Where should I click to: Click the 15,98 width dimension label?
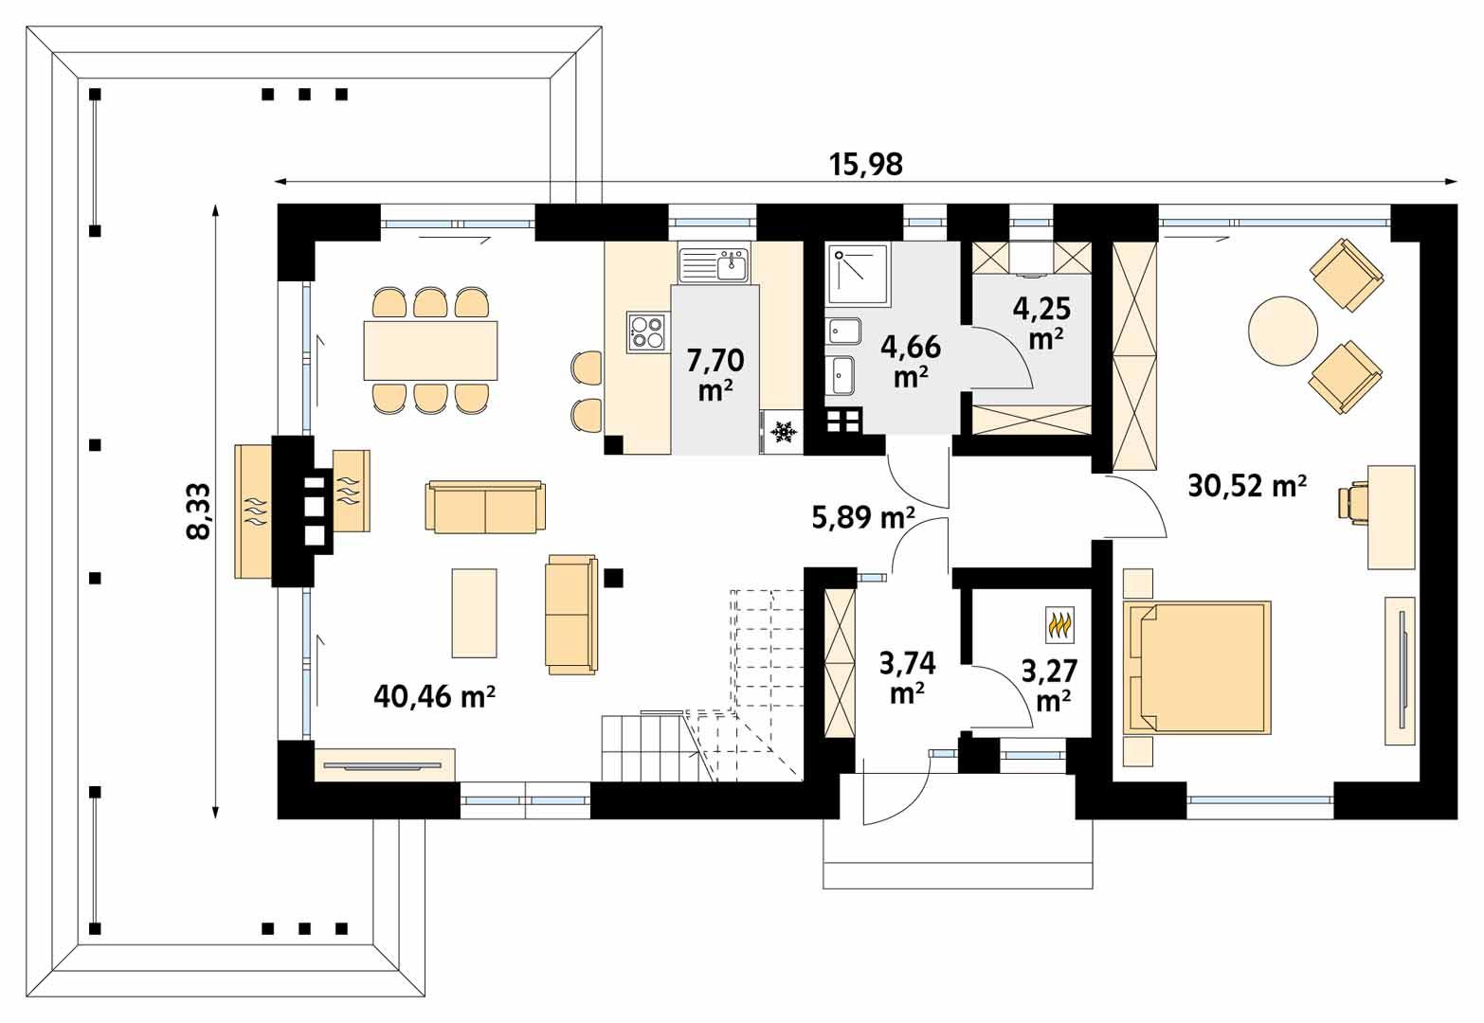[x=866, y=165]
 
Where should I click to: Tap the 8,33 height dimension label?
[x=199, y=511]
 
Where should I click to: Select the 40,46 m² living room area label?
[x=435, y=697]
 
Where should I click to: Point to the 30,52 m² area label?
[x=1247, y=486]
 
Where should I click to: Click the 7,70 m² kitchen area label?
[x=715, y=374]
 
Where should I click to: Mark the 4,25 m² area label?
[x=1044, y=322]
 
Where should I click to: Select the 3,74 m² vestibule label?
[x=907, y=677]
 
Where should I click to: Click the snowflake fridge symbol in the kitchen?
[x=783, y=433]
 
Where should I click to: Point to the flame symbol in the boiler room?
[x=1059, y=624]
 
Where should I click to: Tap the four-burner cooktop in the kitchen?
[x=647, y=332]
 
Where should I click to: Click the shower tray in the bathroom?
[x=858, y=275]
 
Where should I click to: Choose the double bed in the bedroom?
[x=1197, y=667]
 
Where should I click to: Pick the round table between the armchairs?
[x=1282, y=331]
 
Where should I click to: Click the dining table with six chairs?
[x=431, y=350]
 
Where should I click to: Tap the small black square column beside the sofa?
[x=613, y=577]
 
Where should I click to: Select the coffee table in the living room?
[x=474, y=612]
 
